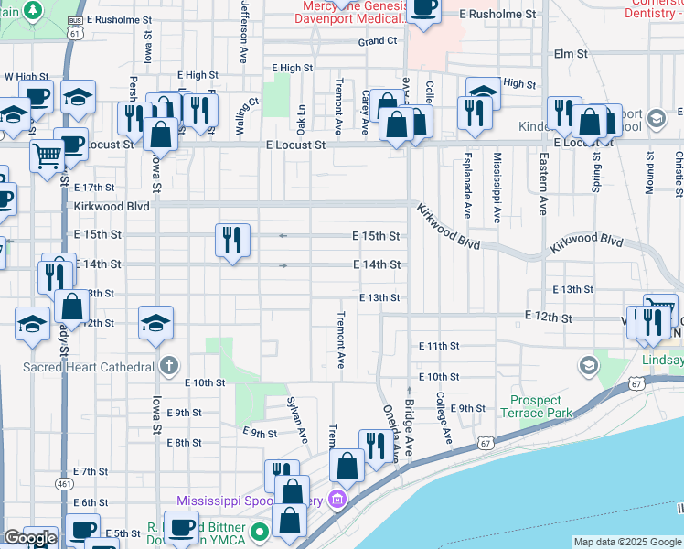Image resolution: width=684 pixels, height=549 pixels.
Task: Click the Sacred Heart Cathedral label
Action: coord(89,367)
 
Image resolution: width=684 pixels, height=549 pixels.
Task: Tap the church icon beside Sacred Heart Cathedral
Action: coord(168,367)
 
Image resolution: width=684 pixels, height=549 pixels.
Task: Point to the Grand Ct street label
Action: coord(378,41)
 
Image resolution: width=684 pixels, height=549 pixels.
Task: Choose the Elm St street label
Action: coord(570,55)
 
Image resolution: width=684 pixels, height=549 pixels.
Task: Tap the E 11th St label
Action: coord(439,346)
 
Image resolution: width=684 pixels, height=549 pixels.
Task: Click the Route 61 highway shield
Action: coord(75,32)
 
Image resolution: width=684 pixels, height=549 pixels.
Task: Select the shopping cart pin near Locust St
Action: coord(47,155)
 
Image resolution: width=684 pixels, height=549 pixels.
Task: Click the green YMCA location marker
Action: coord(259,532)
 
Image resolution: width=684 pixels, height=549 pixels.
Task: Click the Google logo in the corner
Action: coord(30,538)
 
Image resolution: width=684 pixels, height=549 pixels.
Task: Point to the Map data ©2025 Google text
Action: coord(627,542)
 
